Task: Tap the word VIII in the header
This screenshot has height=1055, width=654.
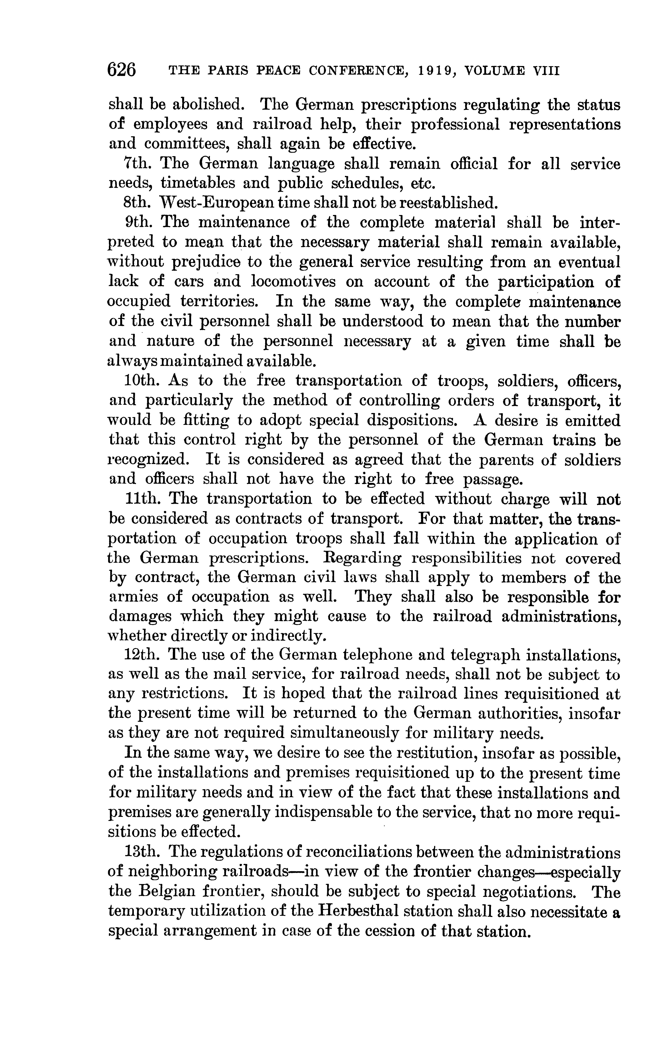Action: coord(547,70)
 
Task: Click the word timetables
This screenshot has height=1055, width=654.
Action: coord(197,183)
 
